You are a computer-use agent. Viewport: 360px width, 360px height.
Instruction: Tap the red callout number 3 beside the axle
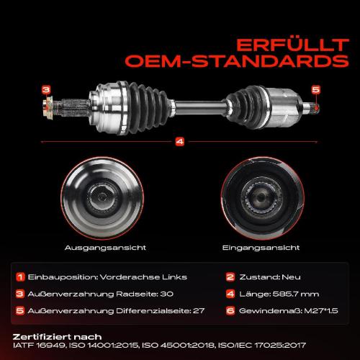point(46,89)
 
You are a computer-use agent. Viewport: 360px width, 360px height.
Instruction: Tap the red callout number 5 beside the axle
point(315,89)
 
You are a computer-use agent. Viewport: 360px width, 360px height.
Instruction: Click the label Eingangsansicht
point(250,247)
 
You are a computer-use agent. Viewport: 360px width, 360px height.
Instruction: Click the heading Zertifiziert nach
point(57,336)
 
